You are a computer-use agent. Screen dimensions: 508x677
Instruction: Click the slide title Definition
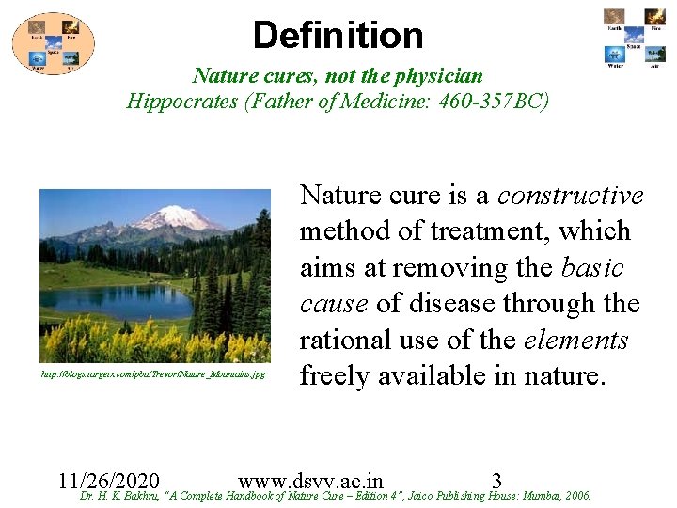coord(338,36)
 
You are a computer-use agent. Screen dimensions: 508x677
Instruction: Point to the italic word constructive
coord(570,196)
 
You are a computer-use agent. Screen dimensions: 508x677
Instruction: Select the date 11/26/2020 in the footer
coord(108,479)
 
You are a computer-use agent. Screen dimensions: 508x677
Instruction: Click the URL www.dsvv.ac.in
coord(310,479)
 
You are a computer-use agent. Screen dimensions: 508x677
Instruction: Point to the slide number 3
coord(496,479)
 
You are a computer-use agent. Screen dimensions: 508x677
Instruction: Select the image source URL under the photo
coord(153,374)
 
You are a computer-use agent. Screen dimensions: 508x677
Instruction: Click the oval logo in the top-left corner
coord(53,43)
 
